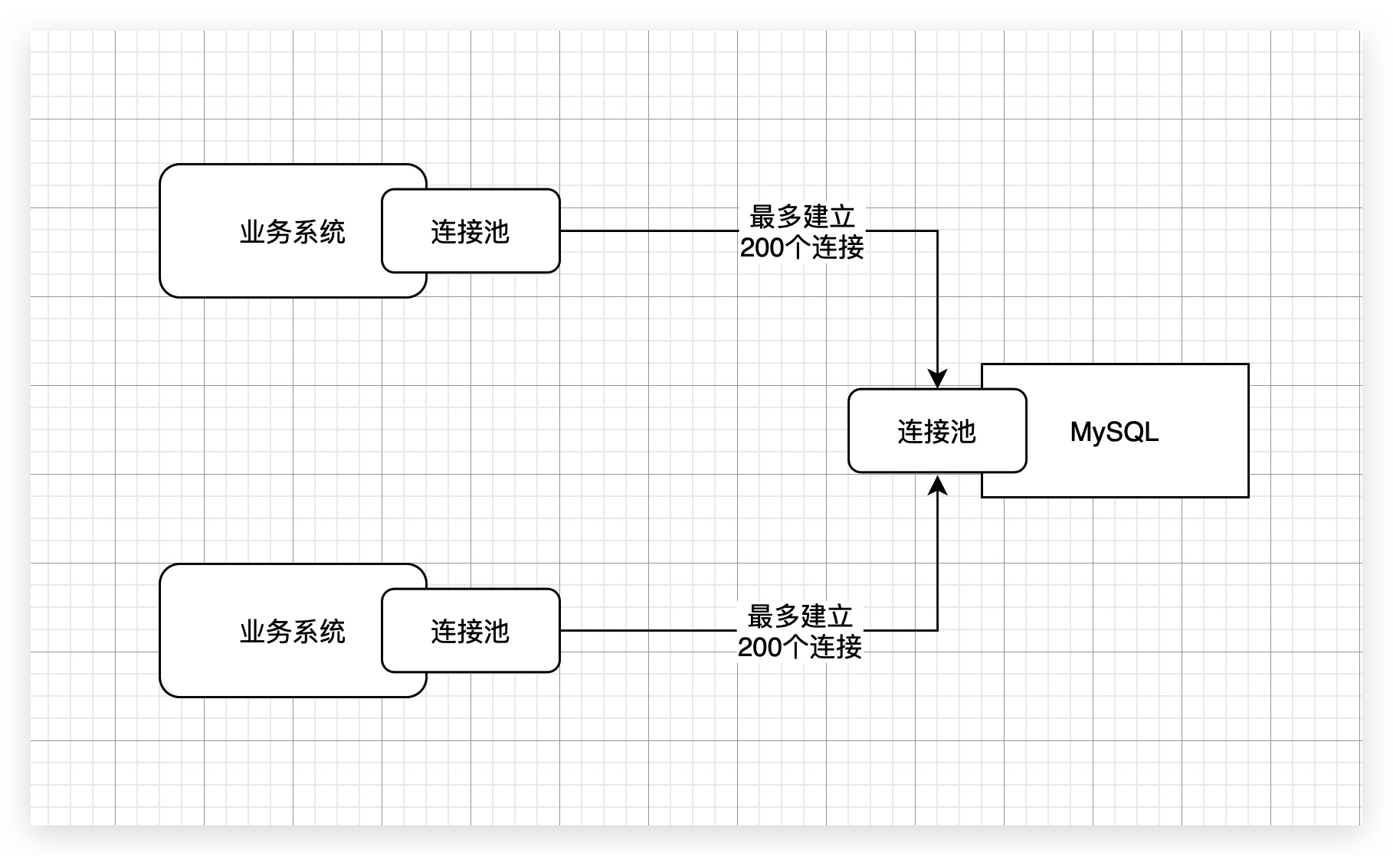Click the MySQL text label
tap(1114, 432)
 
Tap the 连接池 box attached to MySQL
tap(936, 431)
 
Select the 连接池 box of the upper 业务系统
tap(470, 231)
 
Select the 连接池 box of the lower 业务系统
tap(470, 631)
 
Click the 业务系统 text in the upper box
tap(293, 231)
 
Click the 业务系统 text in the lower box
tap(293, 631)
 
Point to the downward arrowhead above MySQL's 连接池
tap(937, 379)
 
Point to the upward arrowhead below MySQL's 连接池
tap(937, 485)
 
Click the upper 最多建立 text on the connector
tap(802, 217)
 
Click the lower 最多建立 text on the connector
tap(800, 616)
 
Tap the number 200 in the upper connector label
tap(762, 248)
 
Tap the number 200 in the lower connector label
tap(759, 648)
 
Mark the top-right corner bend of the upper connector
tap(937, 230)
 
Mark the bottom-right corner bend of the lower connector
tap(937, 630)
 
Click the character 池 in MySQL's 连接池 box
tap(963, 432)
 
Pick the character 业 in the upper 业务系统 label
tap(253, 231)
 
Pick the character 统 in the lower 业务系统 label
tap(333, 631)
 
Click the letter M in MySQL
tap(1080, 432)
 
